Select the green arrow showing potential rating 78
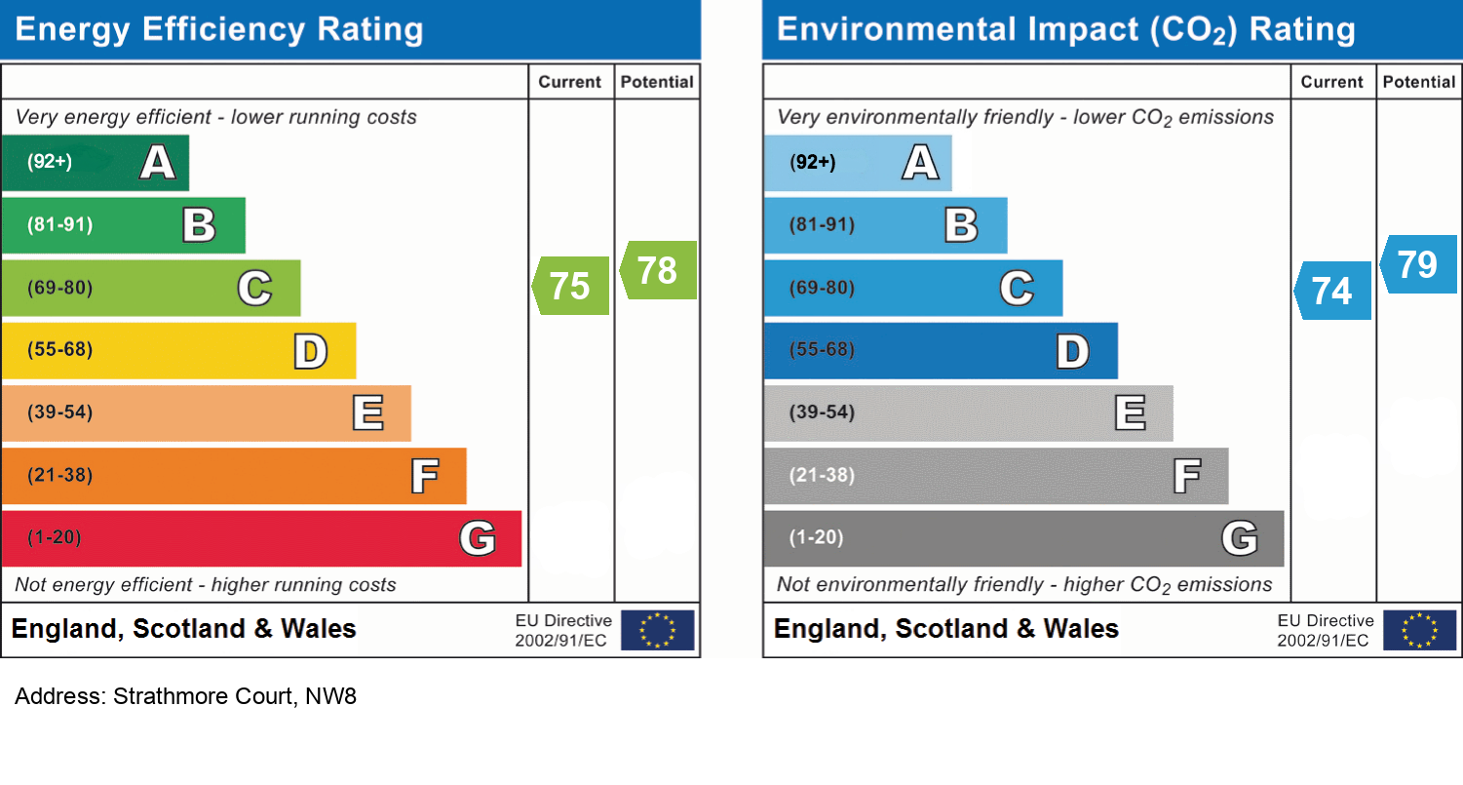click(x=659, y=270)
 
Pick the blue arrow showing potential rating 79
click(x=1419, y=264)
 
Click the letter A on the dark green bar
click(x=158, y=163)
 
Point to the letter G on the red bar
click(x=477, y=538)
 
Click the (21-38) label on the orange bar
click(x=59, y=476)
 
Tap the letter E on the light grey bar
click(x=1130, y=413)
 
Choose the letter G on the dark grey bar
click(x=1239, y=538)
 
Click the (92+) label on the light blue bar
click(x=813, y=163)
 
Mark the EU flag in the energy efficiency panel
click(x=658, y=630)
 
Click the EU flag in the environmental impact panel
click(x=1419, y=630)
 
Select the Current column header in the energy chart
click(x=570, y=83)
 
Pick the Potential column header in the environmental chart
click(x=1419, y=83)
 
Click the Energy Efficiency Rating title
click(x=219, y=29)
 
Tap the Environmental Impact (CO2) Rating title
click(x=1065, y=29)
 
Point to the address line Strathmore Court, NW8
click(x=185, y=697)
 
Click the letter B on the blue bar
click(x=961, y=226)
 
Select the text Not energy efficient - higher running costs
click(x=206, y=585)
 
